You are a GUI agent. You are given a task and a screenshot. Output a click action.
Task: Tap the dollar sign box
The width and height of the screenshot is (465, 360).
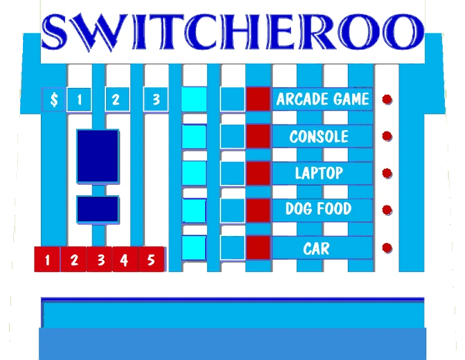point(54,100)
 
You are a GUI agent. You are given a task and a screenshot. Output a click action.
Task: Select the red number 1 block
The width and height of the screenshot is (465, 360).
point(47,260)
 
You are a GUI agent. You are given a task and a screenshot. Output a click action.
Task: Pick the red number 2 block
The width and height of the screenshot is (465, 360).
point(74,260)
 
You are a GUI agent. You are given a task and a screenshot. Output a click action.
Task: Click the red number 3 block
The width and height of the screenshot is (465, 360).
point(100,260)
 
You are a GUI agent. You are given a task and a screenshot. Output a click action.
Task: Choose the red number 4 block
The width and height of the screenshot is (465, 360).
point(125,260)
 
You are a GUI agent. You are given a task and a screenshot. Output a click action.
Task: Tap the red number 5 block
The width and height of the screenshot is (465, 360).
point(151,260)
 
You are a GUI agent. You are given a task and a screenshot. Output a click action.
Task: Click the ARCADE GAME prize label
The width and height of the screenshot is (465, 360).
point(322,99)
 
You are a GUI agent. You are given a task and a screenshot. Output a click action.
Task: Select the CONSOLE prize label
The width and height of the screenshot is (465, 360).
point(319,136)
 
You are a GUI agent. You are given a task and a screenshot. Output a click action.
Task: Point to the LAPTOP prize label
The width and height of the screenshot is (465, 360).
point(319,173)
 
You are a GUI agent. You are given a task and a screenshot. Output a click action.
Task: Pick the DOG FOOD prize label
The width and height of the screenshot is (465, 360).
point(319,209)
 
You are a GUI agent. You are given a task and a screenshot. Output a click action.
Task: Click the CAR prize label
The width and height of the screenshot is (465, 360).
point(317,248)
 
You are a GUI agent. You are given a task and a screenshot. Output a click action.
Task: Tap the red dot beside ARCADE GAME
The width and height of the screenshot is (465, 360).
point(387,99)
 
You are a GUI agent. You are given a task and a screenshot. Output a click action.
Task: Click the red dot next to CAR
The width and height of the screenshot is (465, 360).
point(387,248)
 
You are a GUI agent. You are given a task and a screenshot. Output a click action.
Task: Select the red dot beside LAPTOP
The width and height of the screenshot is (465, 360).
point(387,173)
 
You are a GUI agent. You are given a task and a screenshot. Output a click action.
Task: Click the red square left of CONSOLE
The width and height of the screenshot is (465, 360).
point(258,136)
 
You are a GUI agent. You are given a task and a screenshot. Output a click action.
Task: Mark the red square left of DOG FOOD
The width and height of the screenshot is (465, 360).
point(258,210)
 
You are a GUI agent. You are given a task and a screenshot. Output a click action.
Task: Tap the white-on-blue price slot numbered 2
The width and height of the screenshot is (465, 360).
point(116,100)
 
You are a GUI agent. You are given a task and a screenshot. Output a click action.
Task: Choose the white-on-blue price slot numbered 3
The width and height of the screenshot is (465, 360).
point(156,100)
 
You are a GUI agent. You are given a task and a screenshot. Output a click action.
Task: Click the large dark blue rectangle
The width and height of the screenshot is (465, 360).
point(98,156)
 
